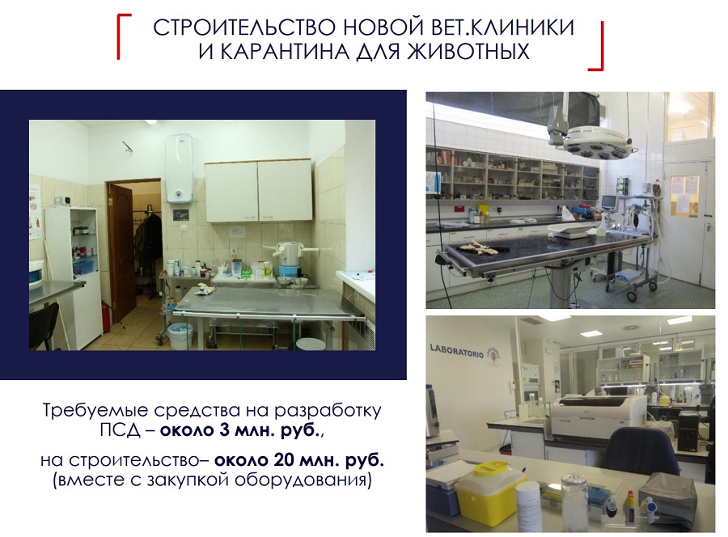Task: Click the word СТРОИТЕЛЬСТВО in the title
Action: point(244,27)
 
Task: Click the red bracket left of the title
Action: point(123,36)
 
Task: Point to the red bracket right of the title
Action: point(598,46)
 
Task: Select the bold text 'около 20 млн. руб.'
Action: point(299,460)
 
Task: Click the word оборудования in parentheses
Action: point(302,480)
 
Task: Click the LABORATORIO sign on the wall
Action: point(456,350)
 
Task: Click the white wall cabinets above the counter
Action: point(259,191)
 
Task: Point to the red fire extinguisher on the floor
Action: point(106,315)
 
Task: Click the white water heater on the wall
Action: point(180,169)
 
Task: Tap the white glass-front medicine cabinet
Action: point(73,277)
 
